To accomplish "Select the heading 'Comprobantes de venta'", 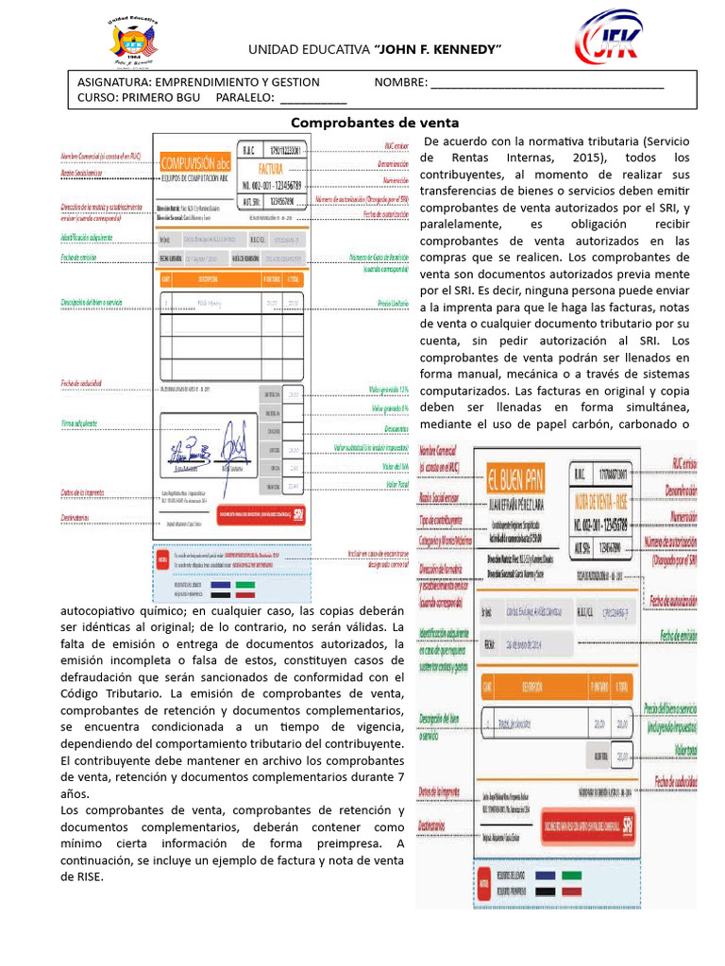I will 374,123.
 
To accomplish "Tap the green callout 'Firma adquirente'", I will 79,424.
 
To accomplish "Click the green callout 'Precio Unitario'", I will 392,304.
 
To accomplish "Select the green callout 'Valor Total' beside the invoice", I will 396,485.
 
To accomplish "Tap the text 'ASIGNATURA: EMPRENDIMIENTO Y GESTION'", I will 198,83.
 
